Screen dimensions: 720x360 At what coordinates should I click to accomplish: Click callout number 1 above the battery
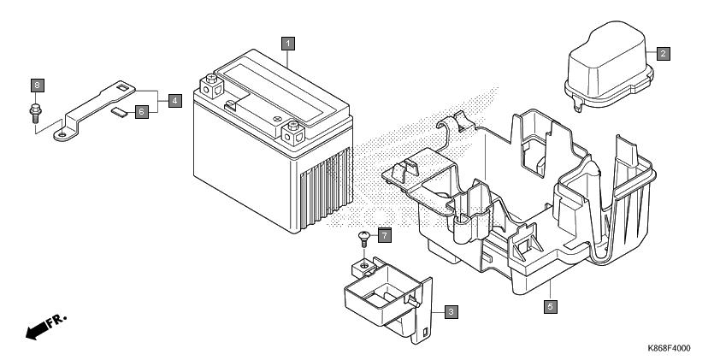pyautogui.click(x=288, y=44)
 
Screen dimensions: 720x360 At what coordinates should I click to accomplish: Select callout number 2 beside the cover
pyautogui.click(x=663, y=54)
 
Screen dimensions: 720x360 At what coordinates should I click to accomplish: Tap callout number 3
pyautogui.click(x=451, y=312)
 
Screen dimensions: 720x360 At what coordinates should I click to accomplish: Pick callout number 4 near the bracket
pyautogui.click(x=175, y=101)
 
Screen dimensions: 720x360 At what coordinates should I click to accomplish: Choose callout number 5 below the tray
pyautogui.click(x=551, y=306)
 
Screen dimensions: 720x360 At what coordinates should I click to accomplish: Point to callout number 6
pyautogui.click(x=142, y=111)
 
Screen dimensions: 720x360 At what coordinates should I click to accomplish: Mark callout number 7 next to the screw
pyautogui.click(x=384, y=236)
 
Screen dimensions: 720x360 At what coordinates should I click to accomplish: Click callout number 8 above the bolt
pyautogui.click(x=38, y=85)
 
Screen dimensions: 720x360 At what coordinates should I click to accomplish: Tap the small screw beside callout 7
pyautogui.click(x=363, y=239)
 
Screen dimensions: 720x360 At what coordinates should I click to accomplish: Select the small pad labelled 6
pyautogui.click(x=120, y=113)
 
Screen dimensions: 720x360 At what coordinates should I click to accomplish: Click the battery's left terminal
pyautogui.click(x=212, y=86)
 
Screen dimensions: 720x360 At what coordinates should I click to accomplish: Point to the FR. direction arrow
pyautogui.click(x=46, y=327)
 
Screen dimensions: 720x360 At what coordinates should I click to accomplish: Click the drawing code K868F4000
pyautogui.click(x=669, y=348)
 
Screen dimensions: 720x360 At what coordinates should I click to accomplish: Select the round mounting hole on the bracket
pyautogui.click(x=62, y=135)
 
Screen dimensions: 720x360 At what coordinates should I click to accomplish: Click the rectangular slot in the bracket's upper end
pyautogui.click(x=122, y=86)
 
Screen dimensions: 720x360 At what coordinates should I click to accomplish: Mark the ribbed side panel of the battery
pyautogui.click(x=327, y=189)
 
